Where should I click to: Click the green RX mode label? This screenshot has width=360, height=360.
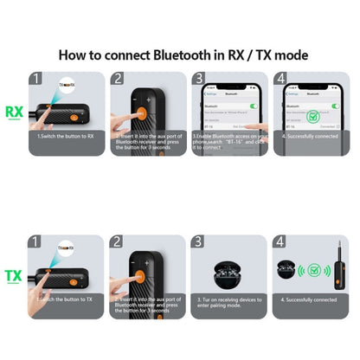click(x=14, y=112)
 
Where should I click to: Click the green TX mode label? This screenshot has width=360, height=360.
click(x=14, y=276)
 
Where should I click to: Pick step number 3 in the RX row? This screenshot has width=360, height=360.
click(x=197, y=78)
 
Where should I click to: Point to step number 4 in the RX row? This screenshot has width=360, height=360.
click(x=279, y=78)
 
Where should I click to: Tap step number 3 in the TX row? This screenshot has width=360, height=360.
click(x=197, y=242)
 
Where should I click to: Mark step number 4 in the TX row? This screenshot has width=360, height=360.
click(x=279, y=242)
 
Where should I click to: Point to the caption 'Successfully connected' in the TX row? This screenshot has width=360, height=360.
click(x=309, y=299)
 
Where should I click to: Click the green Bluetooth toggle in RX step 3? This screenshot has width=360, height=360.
click(x=254, y=106)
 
